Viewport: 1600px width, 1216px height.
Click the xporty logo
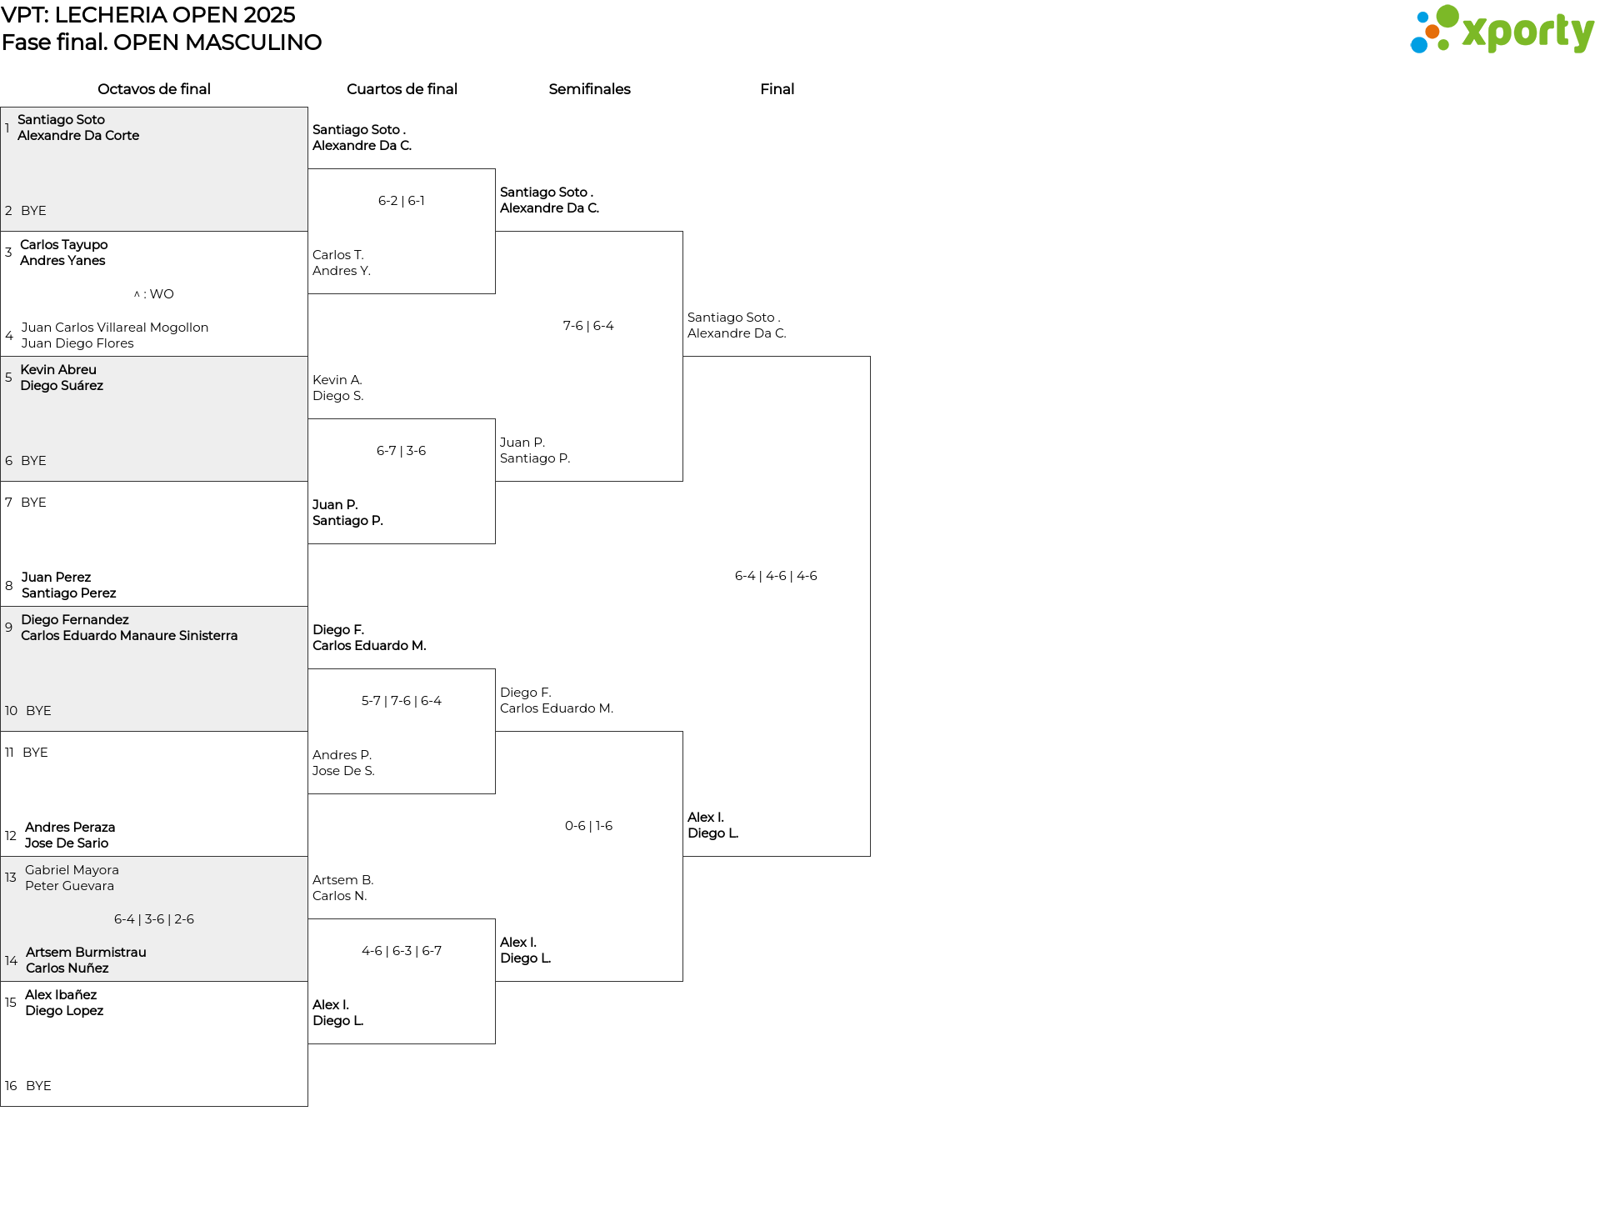(x=1502, y=30)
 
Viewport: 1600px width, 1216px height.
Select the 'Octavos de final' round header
(x=154, y=89)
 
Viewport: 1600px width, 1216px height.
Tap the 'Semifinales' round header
(x=589, y=89)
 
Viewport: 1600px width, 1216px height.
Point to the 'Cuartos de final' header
(x=402, y=89)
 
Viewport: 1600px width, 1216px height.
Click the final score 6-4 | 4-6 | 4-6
(x=776, y=576)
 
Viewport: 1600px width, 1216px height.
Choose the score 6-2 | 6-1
(x=402, y=201)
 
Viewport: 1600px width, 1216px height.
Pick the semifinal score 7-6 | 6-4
(x=588, y=326)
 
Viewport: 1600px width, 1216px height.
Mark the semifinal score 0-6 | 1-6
(x=588, y=826)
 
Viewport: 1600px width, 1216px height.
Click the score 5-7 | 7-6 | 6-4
(x=402, y=701)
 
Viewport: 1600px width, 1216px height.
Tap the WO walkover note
(x=154, y=294)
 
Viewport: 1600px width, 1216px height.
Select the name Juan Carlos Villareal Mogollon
(x=115, y=328)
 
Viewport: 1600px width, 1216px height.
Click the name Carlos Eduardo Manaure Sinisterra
(x=129, y=636)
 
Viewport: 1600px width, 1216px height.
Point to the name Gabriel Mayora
(x=72, y=870)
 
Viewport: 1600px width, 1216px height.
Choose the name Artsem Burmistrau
(x=86, y=953)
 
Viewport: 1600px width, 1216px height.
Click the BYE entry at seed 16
(x=38, y=1086)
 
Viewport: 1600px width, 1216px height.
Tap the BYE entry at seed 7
(x=33, y=503)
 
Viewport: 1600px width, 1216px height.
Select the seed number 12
(x=11, y=836)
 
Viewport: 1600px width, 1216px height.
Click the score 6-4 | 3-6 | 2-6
(x=154, y=919)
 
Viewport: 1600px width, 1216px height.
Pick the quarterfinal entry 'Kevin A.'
(x=337, y=380)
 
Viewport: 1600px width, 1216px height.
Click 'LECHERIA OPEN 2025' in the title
(x=175, y=15)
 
